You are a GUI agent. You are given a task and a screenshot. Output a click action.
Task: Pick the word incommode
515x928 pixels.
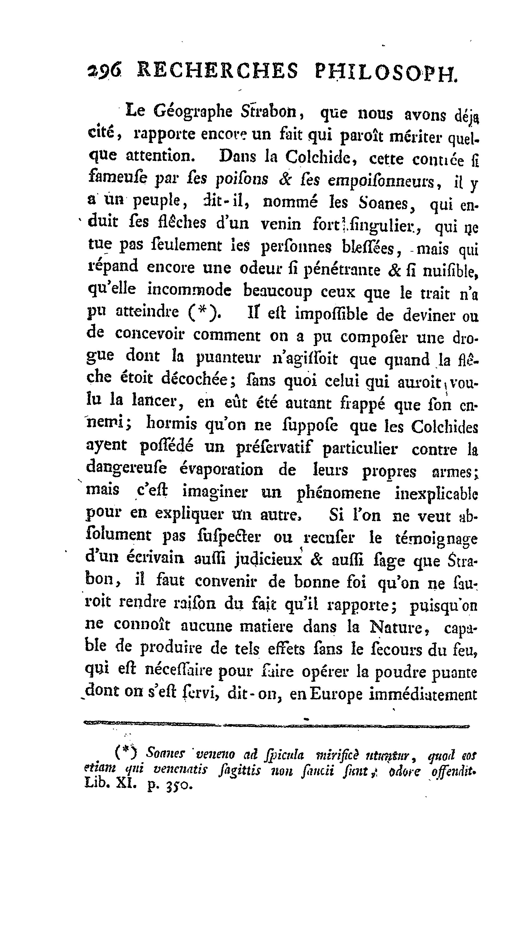[189, 290]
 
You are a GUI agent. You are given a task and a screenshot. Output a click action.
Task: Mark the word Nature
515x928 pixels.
[395, 628]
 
